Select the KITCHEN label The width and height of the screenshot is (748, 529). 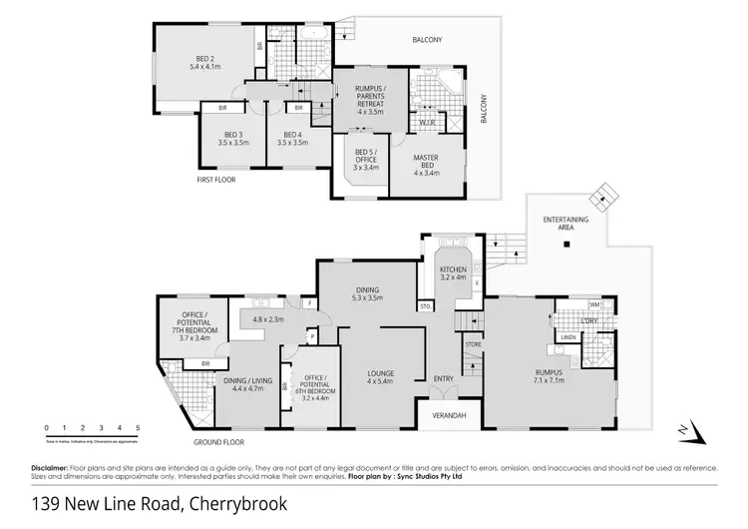point(452,268)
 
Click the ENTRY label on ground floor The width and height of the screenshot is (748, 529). point(444,378)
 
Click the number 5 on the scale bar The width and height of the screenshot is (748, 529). point(138,428)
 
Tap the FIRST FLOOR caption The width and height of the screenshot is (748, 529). point(215,182)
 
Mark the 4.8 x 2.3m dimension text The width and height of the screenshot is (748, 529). point(269,319)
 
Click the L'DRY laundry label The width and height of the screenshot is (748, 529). point(589,319)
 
